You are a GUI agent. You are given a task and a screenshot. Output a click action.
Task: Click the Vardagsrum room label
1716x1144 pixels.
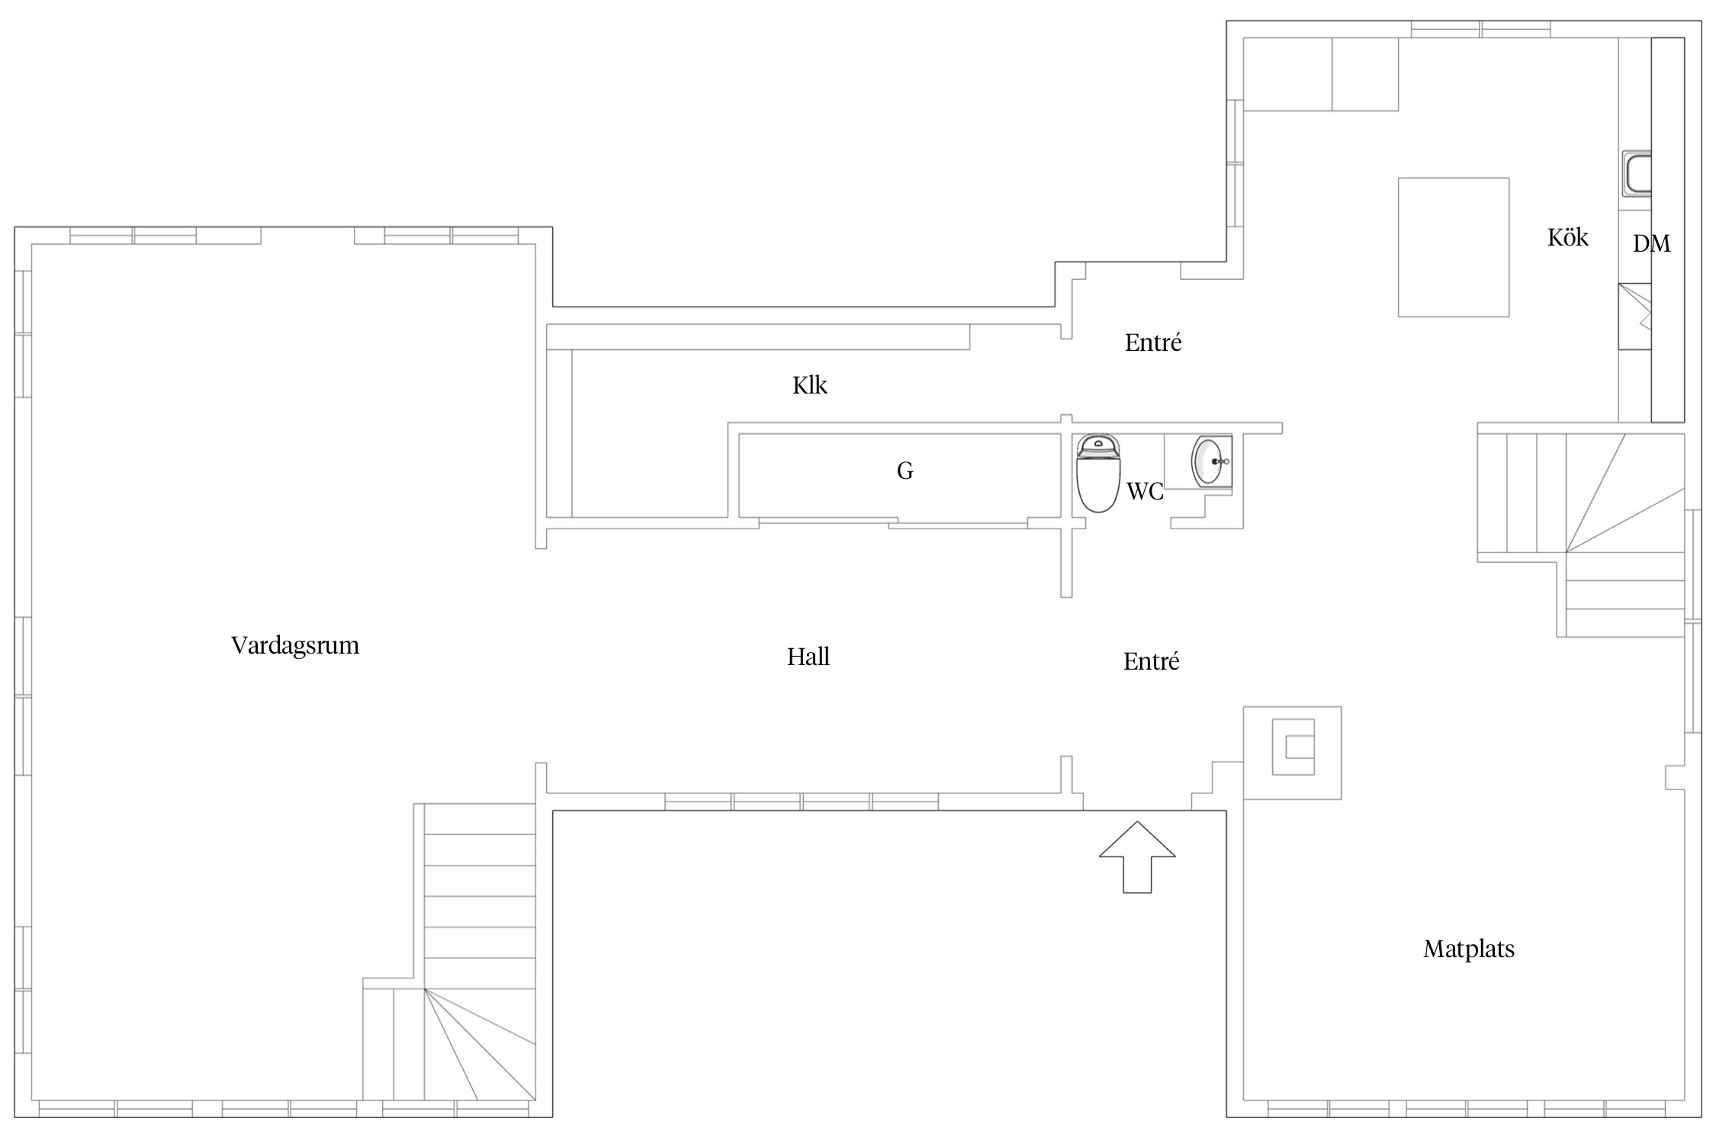(x=294, y=646)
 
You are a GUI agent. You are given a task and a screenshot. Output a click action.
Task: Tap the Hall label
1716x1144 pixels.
(x=808, y=657)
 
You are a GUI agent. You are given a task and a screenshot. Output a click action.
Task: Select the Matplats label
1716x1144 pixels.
(x=1468, y=949)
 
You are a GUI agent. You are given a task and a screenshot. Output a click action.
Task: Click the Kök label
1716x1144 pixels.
(x=1567, y=237)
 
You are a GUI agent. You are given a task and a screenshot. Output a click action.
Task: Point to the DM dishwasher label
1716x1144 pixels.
(x=1651, y=243)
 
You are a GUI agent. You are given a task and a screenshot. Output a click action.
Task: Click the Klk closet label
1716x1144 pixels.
(x=809, y=385)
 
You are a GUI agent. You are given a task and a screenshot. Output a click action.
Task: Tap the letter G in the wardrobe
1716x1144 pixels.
(x=905, y=471)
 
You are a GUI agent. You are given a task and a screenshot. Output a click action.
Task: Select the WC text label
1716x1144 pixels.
(x=1145, y=492)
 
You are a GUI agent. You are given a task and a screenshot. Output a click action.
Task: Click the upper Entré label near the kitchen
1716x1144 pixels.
(x=1152, y=342)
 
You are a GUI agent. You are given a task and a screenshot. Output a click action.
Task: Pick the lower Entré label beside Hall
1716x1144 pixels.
(x=1151, y=660)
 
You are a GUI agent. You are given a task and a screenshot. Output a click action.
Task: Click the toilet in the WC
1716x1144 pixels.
(x=1097, y=473)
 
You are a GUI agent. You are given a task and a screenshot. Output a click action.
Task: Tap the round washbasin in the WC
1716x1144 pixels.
(x=1210, y=461)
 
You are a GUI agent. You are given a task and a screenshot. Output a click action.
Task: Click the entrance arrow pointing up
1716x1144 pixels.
(x=1136, y=856)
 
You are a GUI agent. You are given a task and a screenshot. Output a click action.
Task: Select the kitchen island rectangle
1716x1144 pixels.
(x=1453, y=247)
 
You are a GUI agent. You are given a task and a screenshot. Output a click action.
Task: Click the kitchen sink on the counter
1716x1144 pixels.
(x=1637, y=174)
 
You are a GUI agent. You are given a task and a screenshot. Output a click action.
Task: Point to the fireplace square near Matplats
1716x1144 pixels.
(x=1292, y=753)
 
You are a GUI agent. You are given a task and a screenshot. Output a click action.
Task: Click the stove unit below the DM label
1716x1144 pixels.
(x=1634, y=317)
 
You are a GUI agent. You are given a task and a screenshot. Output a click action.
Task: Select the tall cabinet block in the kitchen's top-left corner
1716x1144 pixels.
(x=1320, y=74)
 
